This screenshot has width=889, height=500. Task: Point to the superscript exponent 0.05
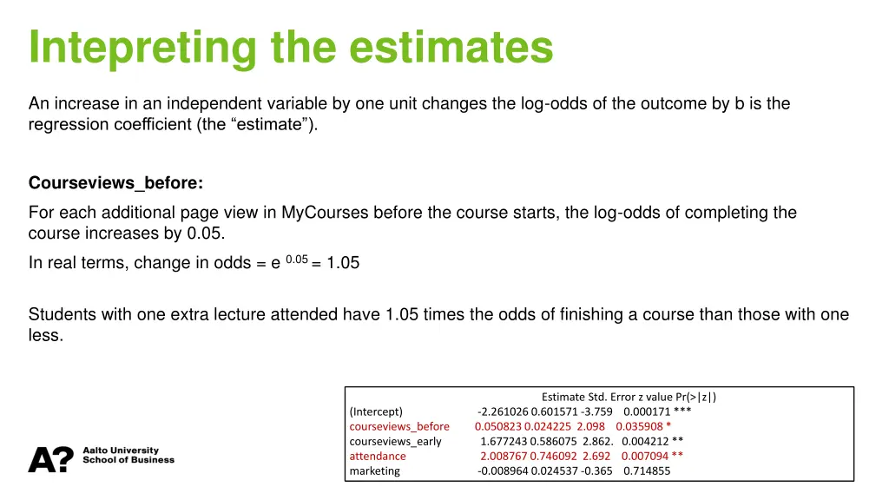(x=297, y=259)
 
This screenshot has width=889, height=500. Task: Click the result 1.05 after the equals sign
(x=343, y=263)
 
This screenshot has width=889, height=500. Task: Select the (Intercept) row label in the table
(x=376, y=411)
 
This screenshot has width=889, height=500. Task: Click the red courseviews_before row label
(x=399, y=426)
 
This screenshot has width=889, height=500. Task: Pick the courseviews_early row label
(x=395, y=441)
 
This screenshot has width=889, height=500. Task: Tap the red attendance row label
(x=378, y=456)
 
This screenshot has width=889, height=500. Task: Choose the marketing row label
(x=375, y=470)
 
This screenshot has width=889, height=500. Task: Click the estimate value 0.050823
(x=498, y=426)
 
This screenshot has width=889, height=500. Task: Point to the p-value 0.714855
(x=647, y=470)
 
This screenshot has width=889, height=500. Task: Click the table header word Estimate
(x=563, y=398)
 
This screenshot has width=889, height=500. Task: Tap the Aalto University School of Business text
(x=128, y=456)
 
